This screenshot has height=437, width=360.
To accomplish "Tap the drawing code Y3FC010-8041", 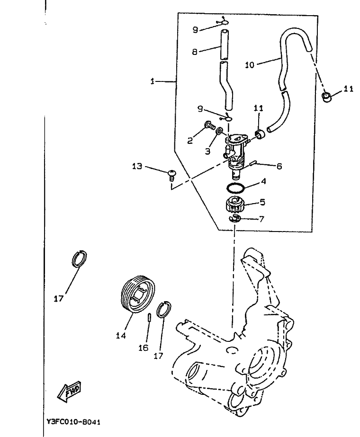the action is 73,422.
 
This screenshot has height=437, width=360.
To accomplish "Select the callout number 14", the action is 121,336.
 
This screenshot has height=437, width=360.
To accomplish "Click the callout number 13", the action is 137,166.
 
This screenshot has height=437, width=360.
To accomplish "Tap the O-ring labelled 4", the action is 236,188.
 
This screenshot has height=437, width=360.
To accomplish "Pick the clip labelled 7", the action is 235,219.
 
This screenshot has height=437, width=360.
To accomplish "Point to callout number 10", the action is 250,65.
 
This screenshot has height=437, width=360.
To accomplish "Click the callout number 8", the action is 195,52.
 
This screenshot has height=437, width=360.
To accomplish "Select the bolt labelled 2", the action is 210,125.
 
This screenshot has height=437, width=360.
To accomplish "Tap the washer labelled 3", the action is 220,131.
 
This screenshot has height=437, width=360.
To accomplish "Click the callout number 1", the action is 152,81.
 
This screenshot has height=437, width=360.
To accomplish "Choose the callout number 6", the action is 279,166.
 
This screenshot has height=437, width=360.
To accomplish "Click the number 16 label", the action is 144,348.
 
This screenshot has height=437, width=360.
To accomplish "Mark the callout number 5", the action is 262,202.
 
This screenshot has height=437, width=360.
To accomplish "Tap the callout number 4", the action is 263,181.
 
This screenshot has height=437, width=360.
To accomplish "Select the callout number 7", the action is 261,219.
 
